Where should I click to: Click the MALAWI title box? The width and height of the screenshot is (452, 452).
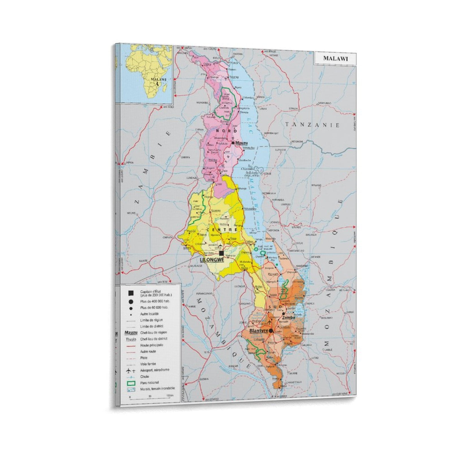click(335, 59)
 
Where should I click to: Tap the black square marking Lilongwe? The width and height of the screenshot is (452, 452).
click(221, 253)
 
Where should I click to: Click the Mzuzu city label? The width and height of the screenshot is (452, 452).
click(241, 143)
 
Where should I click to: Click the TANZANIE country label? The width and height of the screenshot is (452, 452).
click(312, 125)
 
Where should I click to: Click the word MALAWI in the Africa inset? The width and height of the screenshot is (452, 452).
click(158, 80)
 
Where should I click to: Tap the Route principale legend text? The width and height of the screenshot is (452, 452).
click(152, 345)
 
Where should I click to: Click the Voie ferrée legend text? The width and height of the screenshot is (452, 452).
click(148, 364)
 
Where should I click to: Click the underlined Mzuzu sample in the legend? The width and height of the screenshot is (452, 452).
click(131, 333)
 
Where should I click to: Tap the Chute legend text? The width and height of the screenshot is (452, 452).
click(145, 377)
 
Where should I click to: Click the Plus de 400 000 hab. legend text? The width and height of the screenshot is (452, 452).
click(155, 301)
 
